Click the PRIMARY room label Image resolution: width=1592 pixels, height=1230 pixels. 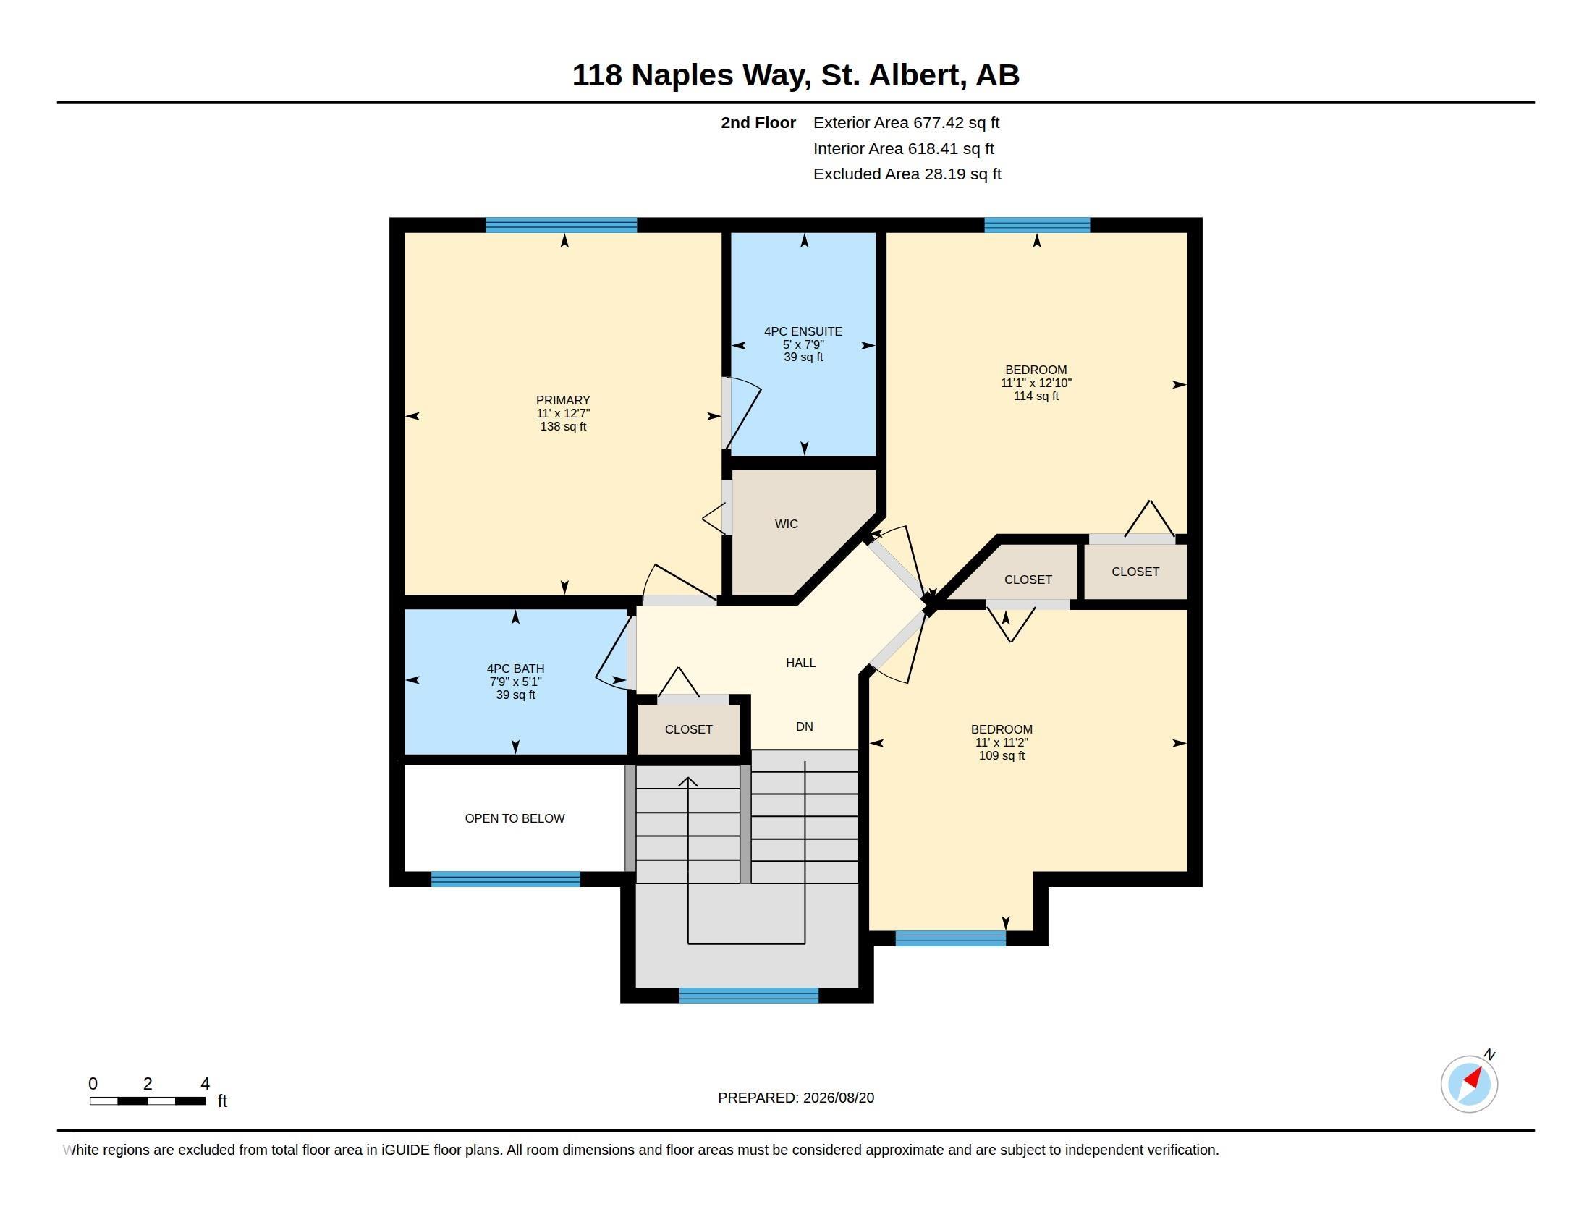click(563, 400)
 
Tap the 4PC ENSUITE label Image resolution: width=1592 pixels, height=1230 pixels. click(803, 331)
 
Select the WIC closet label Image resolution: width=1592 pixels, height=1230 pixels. click(787, 524)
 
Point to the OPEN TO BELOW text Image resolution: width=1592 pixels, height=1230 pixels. click(515, 818)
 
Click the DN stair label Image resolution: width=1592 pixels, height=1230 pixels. click(804, 726)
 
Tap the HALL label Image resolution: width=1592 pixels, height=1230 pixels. click(800, 663)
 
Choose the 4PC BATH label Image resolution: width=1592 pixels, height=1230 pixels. click(515, 669)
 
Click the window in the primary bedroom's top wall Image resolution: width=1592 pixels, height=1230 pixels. click(562, 225)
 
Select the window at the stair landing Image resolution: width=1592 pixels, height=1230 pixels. click(749, 996)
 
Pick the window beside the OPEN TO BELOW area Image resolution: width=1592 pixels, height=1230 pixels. click(506, 879)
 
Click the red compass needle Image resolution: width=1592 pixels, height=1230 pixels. click(1474, 1077)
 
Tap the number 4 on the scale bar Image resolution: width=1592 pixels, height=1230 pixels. click(205, 1084)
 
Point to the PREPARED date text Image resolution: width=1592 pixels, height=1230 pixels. click(796, 1098)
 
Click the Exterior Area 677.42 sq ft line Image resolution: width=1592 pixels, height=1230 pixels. click(906, 122)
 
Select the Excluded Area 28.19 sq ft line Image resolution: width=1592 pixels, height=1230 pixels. click(907, 174)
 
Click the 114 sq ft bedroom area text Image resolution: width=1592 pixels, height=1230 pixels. click(1036, 396)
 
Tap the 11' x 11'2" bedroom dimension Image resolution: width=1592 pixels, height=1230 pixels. click(1002, 742)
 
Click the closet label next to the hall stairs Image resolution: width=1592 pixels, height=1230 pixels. click(688, 729)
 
